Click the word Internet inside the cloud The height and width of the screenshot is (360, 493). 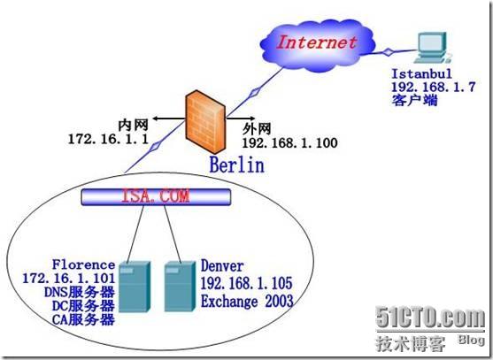pos(317,42)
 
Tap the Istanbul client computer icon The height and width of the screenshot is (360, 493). pos(432,48)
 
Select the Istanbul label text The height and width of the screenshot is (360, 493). pos(421,73)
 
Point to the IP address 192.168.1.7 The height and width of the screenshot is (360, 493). pos(434,87)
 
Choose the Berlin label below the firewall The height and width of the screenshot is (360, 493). pos(237,165)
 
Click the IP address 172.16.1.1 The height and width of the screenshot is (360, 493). pos(108,139)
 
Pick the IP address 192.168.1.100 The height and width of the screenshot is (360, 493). pos(289,142)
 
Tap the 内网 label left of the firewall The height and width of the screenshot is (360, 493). pos(134,125)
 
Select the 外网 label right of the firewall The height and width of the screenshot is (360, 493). pos(257,129)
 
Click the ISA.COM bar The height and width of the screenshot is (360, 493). pos(156,196)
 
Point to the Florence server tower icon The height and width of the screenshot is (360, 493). pos(135,287)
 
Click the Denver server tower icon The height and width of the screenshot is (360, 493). pos(180,287)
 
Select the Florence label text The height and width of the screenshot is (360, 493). pos(83,264)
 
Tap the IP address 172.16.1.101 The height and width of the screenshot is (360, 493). pos(69,279)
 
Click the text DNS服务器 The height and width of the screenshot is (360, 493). pos(80,292)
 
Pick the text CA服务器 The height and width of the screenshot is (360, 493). pos(83,320)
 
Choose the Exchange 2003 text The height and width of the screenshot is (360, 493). pos(247,302)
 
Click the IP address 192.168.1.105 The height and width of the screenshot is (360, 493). pos(246,283)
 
